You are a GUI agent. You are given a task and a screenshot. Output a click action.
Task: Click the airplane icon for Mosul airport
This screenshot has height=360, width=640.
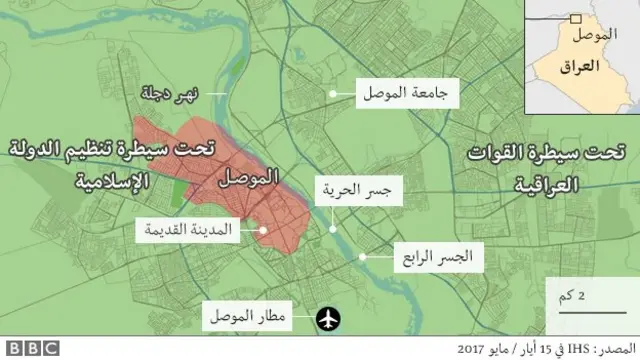pos(327,318)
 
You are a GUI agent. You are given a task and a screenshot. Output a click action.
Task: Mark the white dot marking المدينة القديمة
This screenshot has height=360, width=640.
pos(262,229)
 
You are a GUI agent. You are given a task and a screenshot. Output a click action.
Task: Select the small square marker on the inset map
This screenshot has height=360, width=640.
pos(575,17)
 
